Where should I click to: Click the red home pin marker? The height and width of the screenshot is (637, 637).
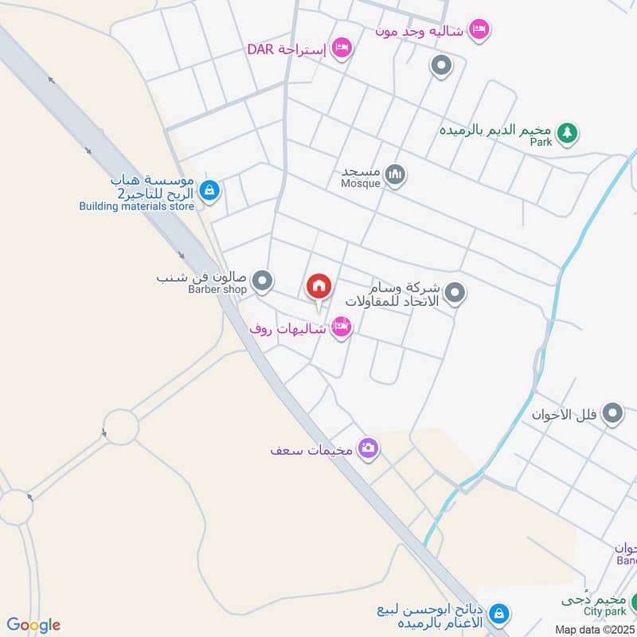(x=318, y=286)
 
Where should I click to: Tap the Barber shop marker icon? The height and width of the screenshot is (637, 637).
(x=262, y=280)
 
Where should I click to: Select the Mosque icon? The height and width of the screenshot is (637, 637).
(x=395, y=174)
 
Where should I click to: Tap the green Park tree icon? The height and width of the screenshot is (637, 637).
(x=566, y=132)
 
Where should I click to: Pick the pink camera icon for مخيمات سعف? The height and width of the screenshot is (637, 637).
(x=367, y=448)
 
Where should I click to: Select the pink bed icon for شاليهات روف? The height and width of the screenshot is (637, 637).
(x=342, y=326)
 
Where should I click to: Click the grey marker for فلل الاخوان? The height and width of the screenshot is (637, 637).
(x=612, y=414)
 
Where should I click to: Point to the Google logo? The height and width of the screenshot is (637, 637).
(x=33, y=625)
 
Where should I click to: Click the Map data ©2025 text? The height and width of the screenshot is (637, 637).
(x=593, y=629)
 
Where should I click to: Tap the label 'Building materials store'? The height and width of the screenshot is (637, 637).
(x=136, y=206)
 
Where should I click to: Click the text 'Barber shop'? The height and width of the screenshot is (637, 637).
(x=217, y=290)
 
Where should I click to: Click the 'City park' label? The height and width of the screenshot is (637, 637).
(x=604, y=612)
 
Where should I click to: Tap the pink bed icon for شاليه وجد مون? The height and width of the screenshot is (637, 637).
(x=479, y=29)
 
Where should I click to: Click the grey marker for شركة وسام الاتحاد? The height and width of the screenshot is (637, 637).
(x=455, y=294)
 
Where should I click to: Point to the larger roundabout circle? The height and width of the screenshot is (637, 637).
(x=121, y=427)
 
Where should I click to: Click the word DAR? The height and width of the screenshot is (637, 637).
(x=260, y=49)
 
